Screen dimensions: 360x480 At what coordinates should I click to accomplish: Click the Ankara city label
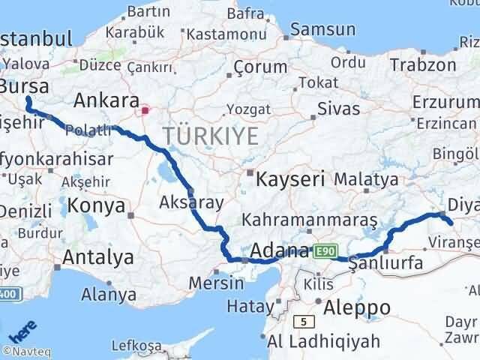(106, 100)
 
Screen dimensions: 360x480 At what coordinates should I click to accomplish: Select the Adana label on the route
(280, 250)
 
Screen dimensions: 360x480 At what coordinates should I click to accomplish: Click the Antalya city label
(98, 257)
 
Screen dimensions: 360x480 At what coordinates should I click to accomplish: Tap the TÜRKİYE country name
(211, 136)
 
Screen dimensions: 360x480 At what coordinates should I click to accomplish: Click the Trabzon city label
(422, 65)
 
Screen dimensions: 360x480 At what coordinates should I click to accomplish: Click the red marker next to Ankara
(145, 111)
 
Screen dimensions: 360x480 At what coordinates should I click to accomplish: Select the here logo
(20, 331)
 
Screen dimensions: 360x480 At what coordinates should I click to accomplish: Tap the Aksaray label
(181, 202)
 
